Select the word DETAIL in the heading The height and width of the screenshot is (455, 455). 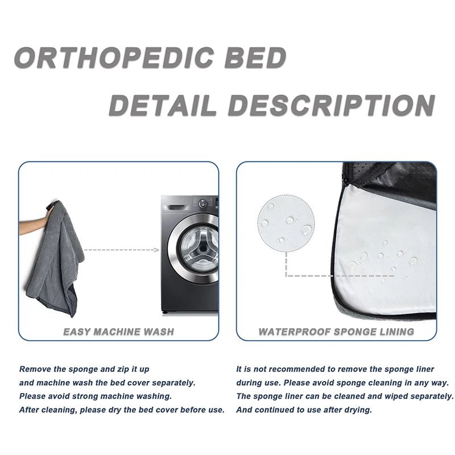tap(163, 106)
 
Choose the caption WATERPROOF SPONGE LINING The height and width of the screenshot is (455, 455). tap(336, 331)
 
